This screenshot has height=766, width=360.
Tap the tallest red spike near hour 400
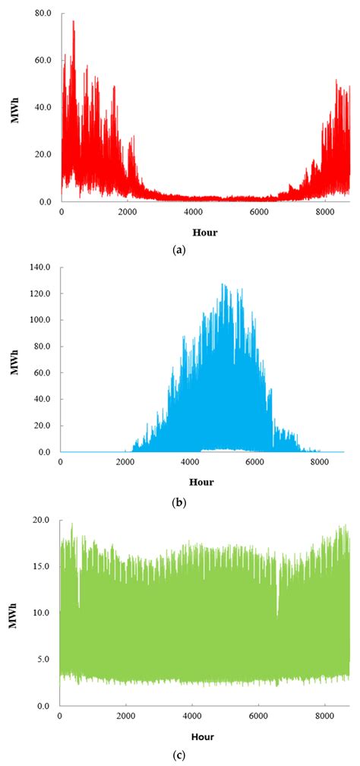74,22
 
